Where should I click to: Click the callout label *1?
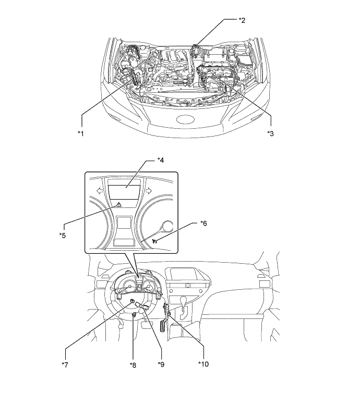point(80,133)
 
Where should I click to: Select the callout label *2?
point(242,20)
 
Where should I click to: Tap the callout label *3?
point(270,133)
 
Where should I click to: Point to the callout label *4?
point(161,160)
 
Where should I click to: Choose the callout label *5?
point(63,235)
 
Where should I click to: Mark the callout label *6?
point(204,223)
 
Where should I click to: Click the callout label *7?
point(65,365)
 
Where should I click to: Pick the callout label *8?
point(133,365)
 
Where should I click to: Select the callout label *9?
point(161,364)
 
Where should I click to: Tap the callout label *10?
point(203,364)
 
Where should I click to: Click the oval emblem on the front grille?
point(186,119)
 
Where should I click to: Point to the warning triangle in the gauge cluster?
point(118,205)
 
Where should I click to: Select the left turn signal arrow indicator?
point(100,191)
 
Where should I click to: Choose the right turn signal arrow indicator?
point(149,191)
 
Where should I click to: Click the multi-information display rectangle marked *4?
point(124,192)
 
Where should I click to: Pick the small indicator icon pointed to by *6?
point(155,241)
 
